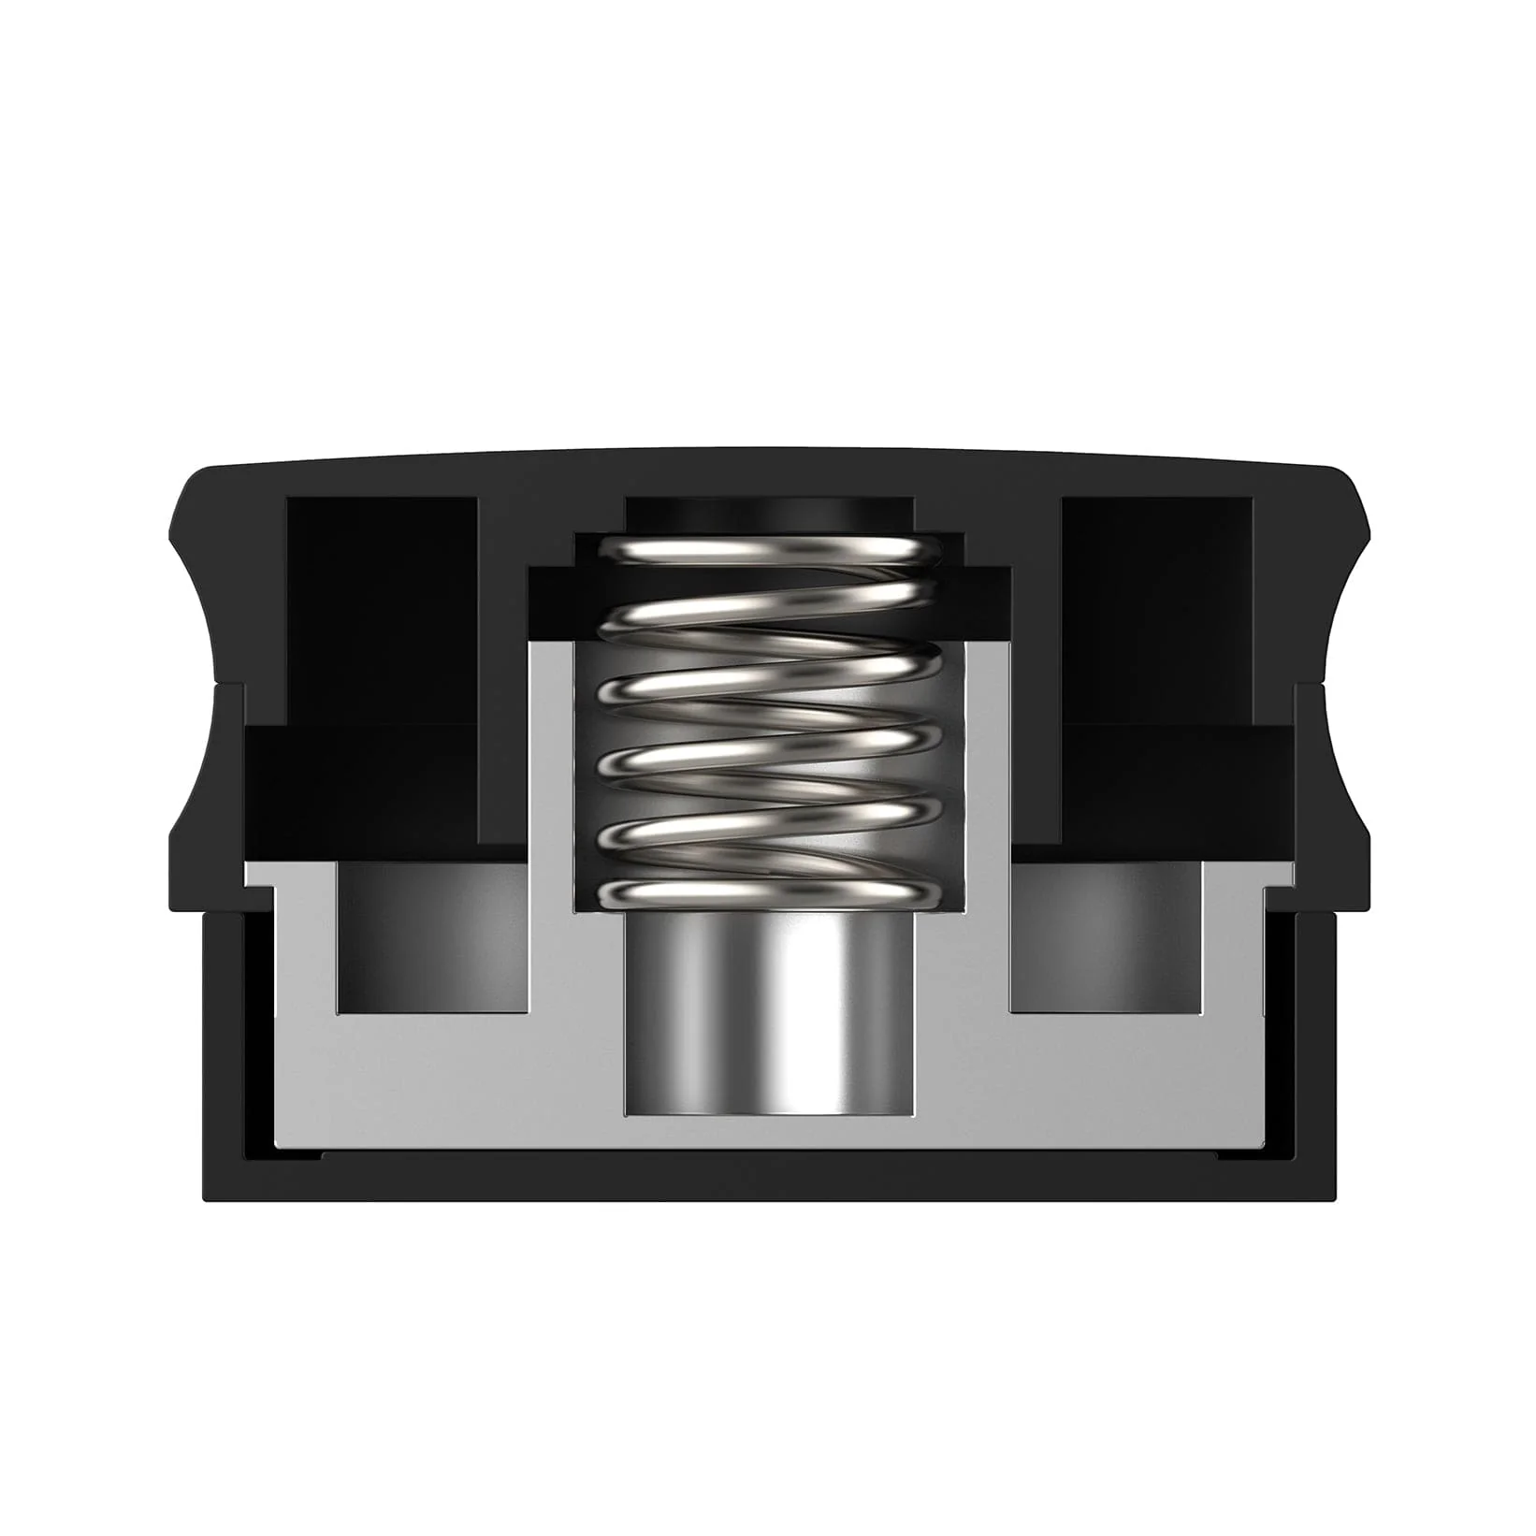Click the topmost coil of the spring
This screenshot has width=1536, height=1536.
(767, 552)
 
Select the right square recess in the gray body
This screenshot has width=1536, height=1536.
(1104, 935)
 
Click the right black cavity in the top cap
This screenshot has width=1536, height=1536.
(1156, 608)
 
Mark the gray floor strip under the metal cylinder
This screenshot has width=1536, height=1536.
(767, 1133)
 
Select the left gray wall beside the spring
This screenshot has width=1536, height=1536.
(552, 767)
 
